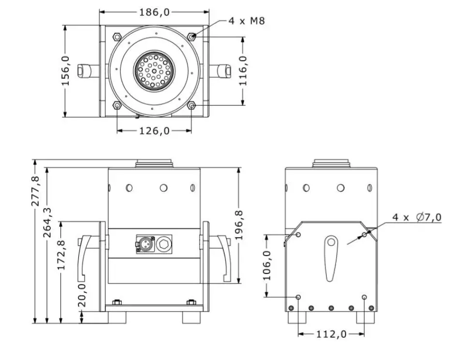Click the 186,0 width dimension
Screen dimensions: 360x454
155,12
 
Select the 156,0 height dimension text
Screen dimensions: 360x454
66,71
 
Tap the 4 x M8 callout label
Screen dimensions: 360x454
247,21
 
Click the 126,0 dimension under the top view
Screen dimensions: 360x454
155,130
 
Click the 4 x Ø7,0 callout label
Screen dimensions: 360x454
417,217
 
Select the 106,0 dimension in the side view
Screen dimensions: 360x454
266,265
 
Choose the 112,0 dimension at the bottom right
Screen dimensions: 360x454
331,334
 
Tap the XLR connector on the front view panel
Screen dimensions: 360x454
145,245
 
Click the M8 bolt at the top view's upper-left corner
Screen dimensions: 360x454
117,36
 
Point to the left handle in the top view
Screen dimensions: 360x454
88,71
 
